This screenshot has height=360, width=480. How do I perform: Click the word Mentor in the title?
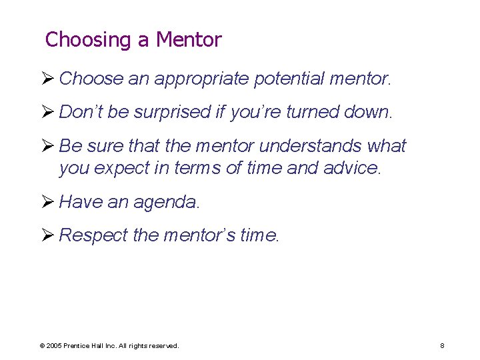(x=189, y=40)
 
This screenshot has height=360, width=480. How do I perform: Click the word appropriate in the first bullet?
(x=203, y=79)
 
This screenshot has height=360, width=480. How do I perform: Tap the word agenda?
(x=166, y=202)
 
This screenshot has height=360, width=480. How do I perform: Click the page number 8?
(x=442, y=345)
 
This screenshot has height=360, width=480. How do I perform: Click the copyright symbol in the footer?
(x=42, y=346)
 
